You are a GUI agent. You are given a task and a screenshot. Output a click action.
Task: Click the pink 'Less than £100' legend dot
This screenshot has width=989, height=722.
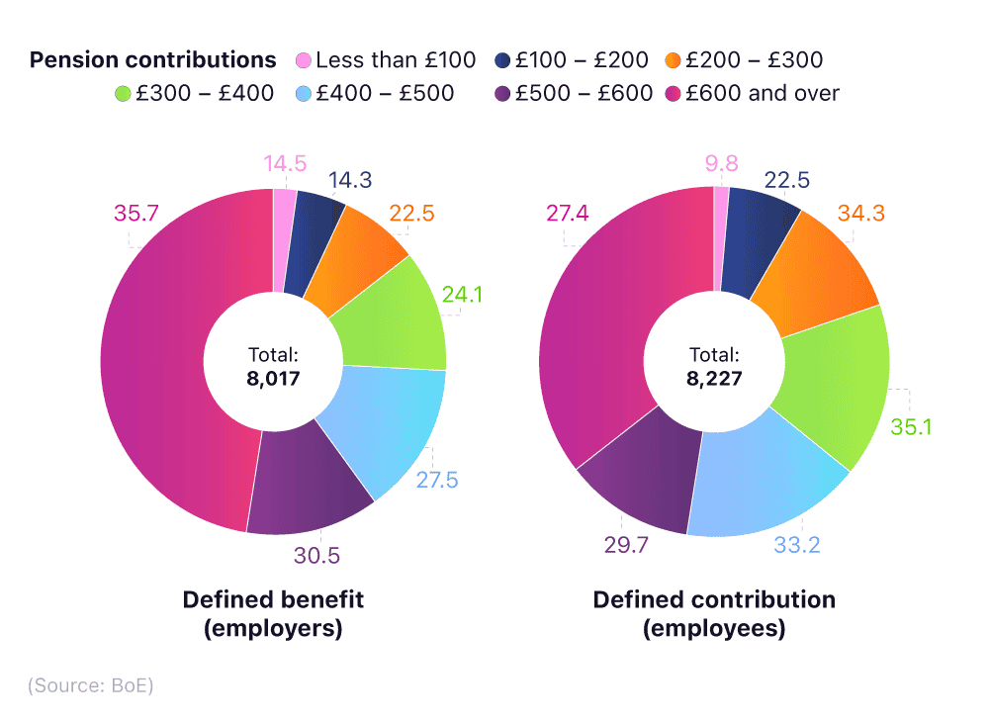(x=304, y=60)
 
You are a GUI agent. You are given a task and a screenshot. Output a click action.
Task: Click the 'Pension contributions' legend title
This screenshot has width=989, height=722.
(x=153, y=60)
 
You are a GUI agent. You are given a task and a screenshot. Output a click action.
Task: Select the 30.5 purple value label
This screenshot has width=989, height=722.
(x=316, y=556)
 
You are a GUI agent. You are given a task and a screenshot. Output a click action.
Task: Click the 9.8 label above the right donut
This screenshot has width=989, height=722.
(x=720, y=163)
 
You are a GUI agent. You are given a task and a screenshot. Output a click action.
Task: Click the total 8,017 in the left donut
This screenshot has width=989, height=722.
(x=273, y=377)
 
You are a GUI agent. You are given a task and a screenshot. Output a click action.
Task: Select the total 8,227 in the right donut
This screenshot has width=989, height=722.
(x=714, y=377)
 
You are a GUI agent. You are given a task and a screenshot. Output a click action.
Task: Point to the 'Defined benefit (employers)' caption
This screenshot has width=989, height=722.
(x=273, y=613)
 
